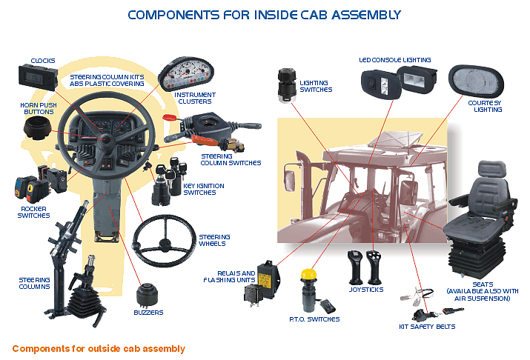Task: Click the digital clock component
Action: tap(38, 78)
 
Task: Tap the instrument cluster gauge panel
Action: tap(186, 74)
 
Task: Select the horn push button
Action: tap(37, 129)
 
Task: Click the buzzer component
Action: tap(147, 295)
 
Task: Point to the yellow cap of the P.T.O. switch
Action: tap(308, 275)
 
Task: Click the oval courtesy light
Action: tap(476, 81)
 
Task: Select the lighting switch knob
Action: tap(287, 86)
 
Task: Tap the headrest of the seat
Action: tap(491, 169)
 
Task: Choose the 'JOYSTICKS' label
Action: tap(366, 290)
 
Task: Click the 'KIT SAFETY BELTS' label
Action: tap(427, 327)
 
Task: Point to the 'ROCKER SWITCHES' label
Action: tap(33, 212)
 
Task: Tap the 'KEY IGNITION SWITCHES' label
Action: tap(204, 189)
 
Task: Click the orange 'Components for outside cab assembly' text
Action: tap(99, 349)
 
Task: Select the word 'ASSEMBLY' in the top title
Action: tap(366, 15)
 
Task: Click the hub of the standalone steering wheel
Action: tap(165, 243)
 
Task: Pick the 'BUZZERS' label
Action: tap(148, 313)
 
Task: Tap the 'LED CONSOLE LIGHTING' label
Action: tap(395, 60)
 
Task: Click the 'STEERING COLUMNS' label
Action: tap(34, 284)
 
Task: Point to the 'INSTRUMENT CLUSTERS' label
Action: tap(195, 99)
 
